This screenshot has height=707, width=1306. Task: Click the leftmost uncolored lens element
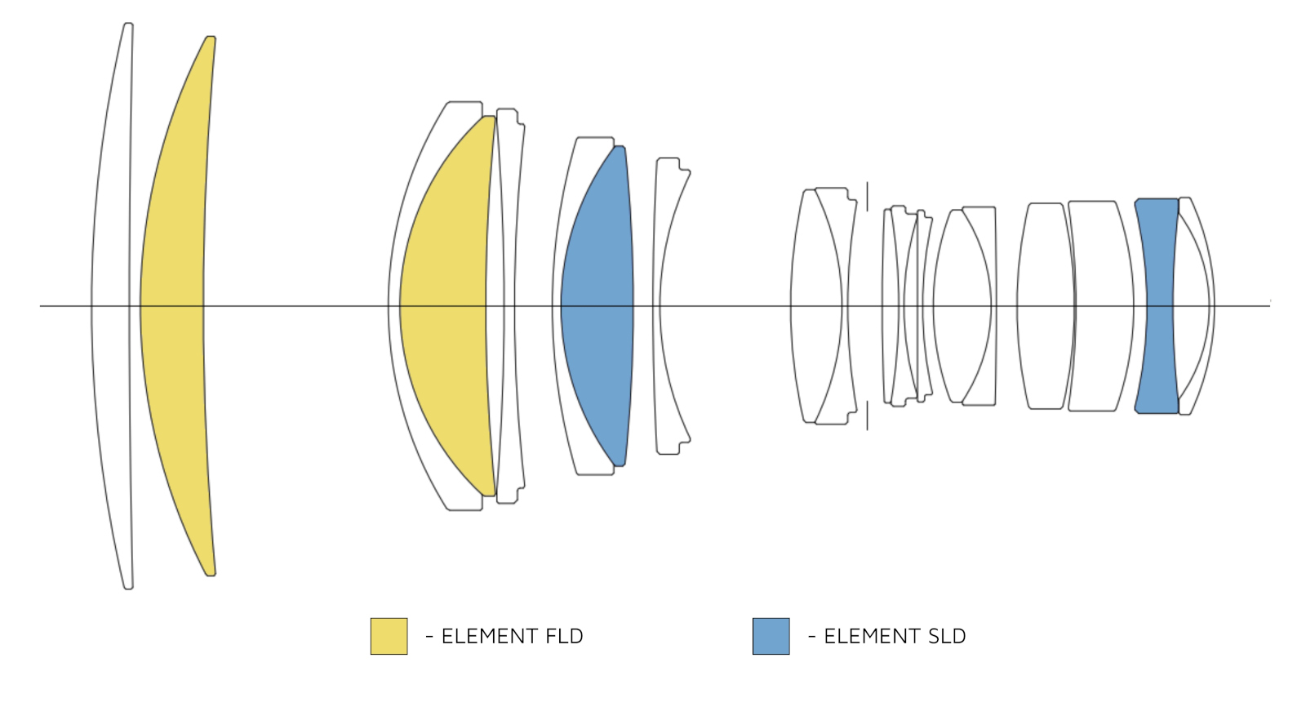pyautogui.click(x=111, y=305)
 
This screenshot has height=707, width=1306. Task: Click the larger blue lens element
pyautogui.click(x=597, y=305)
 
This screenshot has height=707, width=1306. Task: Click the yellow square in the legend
pyautogui.click(x=389, y=637)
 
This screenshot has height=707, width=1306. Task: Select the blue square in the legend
pyautogui.click(x=771, y=637)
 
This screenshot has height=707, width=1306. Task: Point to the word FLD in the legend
pyautogui.click(x=564, y=637)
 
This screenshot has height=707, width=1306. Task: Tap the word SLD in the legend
pyautogui.click(x=947, y=637)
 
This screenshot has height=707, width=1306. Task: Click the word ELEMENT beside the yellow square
pyautogui.click(x=490, y=637)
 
